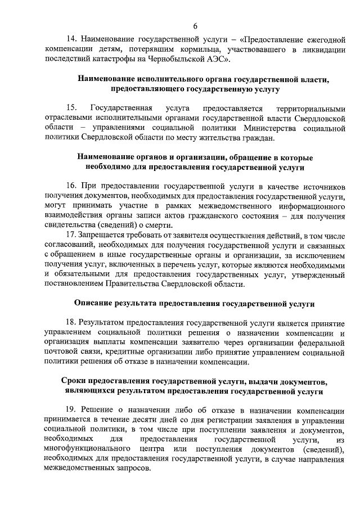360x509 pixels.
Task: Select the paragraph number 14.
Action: tap(71, 40)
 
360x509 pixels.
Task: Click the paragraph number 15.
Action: tap(71, 108)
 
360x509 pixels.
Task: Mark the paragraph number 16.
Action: tap(71, 186)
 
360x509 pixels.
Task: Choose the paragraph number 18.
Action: tap(71, 323)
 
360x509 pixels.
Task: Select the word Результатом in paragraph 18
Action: tap(104, 323)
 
